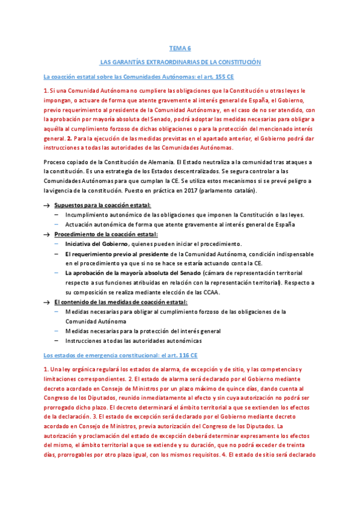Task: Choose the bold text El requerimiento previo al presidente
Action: coord(110,254)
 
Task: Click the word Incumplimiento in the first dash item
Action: coord(87,215)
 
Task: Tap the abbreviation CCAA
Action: coord(210,292)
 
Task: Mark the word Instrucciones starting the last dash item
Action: coord(85,340)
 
